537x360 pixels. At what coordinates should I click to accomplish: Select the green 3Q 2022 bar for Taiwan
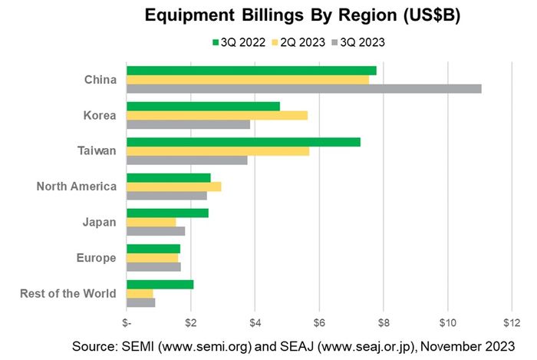coord(243,142)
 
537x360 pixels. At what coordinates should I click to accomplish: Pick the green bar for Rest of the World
coord(160,284)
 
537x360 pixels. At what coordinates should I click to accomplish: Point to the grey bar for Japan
coord(156,231)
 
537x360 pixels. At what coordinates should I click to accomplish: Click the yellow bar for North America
coord(174,187)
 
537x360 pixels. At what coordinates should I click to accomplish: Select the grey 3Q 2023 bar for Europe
coord(153,267)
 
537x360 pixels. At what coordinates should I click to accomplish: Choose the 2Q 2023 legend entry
coord(298,41)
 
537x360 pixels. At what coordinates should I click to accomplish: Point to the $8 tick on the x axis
coord(384,320)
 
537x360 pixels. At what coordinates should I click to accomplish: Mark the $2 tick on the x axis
coord(191,320)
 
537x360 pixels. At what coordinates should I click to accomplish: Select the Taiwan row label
coord(98,150)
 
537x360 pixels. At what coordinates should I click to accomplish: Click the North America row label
coord(77,186)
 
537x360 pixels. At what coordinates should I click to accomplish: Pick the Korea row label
coord(100,115)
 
